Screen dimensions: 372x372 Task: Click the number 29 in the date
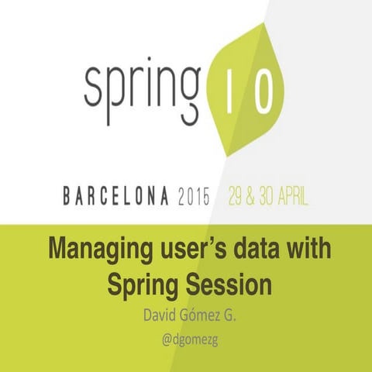[x=237, y=195]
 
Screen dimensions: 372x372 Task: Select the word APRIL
[x=298, y=195]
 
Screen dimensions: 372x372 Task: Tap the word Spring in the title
[x=141, y=284]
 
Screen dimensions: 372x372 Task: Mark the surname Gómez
[x=196, y=317]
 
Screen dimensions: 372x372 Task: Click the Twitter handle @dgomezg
[x=187, y=340]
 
